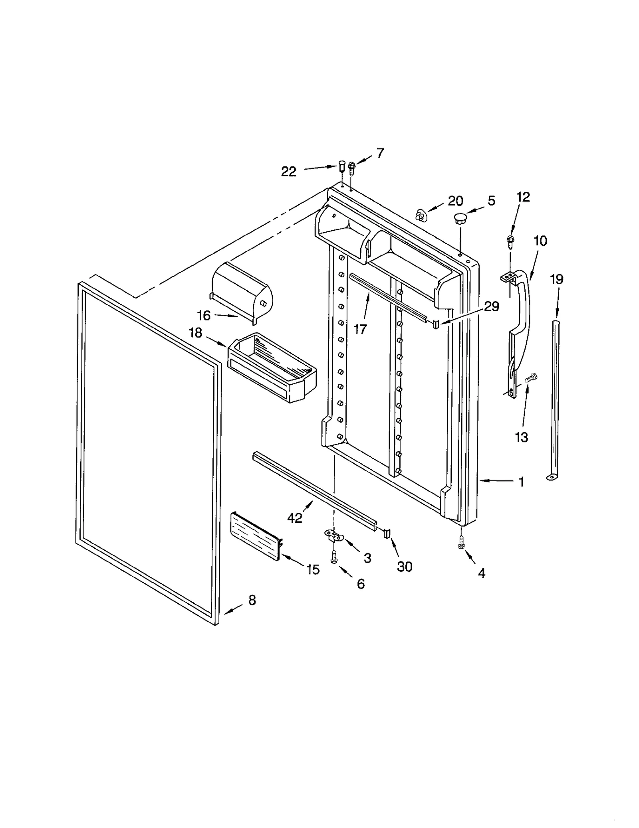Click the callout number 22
pos(288,172)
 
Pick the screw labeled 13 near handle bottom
pos(531,377)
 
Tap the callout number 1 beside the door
pos(521,482)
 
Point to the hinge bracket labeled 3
pos(335,535)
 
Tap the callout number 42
pos(294,518)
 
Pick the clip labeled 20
pos(420,216)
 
